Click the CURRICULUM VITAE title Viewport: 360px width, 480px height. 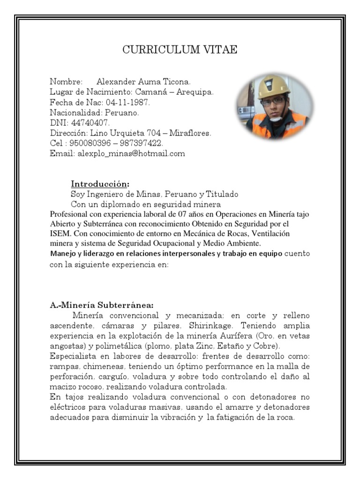(x=180, y=51)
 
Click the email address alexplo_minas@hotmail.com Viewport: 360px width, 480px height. (x=131, y=153)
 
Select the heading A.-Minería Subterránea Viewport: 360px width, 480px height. (x=102, y=304)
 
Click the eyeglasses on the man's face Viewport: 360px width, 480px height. (x=272, y=101)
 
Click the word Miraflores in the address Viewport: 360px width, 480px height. (x=190, y=133)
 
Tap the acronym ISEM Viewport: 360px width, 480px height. (x=60, y=233)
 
